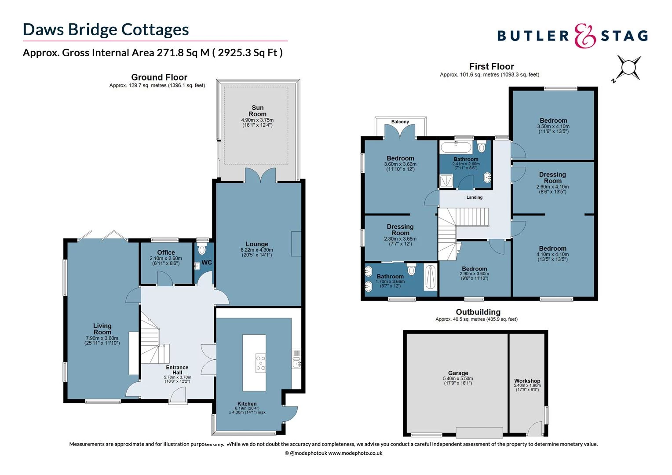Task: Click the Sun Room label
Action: pos(258,111)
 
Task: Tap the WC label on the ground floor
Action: pos(207,263)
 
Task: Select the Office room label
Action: pos(166,252)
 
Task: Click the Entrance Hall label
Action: pos(177,370)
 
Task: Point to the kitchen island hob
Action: pos(261,364)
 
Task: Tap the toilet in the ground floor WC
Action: pos(202,250)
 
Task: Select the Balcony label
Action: pos(400,122)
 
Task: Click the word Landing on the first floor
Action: pos(475,197)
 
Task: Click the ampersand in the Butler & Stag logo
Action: pos(585,36)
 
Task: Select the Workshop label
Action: pos(527,381)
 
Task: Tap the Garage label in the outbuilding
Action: pos(458,373)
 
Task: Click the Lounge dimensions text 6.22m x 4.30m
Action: pos(257,250)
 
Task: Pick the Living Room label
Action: pos(102,329)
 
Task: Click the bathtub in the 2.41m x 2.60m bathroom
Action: pos(455,147)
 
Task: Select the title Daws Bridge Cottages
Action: pos(106,29)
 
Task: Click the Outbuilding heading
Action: pos(478,312)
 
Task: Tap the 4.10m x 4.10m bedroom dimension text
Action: pos(553,254)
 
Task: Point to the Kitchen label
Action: pos(247,404)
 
